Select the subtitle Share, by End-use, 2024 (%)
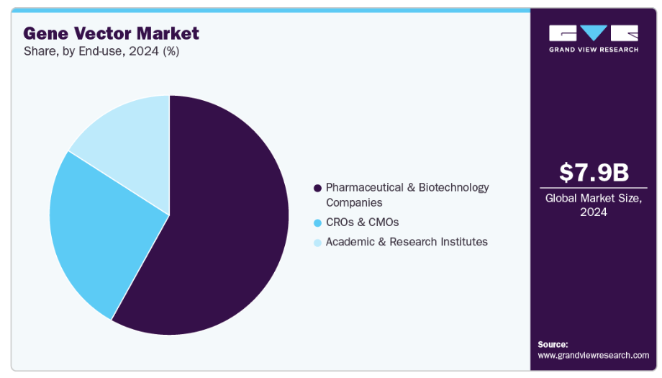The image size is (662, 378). [x=101, y=52]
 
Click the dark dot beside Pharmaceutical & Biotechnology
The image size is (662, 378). [x=317, y=188]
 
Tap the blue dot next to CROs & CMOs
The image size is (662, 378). [x=317, y=222]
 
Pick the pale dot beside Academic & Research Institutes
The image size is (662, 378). [x=317, y=243]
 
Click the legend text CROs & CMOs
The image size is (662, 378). [x=362, y=222]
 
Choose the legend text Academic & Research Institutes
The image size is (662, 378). [x=407, y=242]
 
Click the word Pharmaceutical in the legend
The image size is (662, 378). [x=365, y=187]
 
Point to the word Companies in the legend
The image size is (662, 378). [x=354, y=203]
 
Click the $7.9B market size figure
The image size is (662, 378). [x=594, y=173]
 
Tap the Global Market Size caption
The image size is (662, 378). [x=594, y=204]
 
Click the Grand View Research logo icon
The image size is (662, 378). [x=594, y=33]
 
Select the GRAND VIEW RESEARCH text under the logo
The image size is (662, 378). [x=594, y=49]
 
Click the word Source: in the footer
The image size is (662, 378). [x=553, y=344]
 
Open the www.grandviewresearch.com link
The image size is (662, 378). [x=594, y=355]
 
